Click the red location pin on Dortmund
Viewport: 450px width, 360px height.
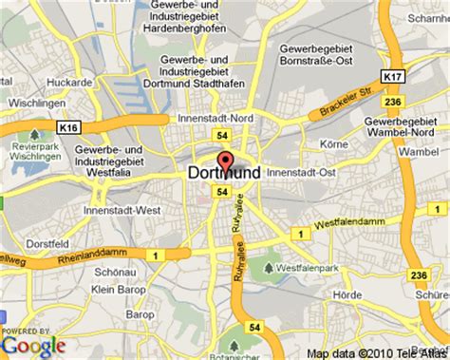[226, 161]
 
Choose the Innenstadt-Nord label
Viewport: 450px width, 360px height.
[212, 118]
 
